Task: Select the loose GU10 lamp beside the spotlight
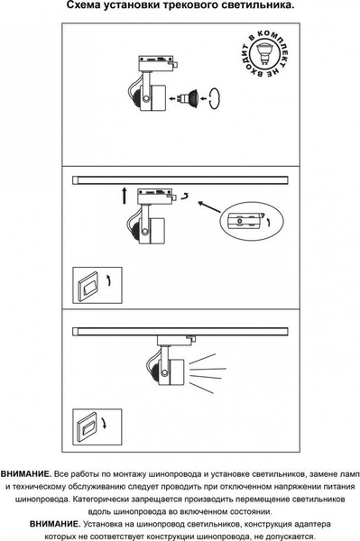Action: pos(187,97)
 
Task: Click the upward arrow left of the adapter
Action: pos(125,196)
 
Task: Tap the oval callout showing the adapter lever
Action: pos(251,221)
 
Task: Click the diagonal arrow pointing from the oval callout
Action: pos(209,206)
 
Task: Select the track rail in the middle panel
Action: pos(180,180)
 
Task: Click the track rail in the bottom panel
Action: pos(180,331)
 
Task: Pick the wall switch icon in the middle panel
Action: pos(97,285)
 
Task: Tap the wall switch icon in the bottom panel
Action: pos(97,427)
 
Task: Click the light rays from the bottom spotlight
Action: pos(206,373)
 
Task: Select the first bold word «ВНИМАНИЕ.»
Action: pos(26,474)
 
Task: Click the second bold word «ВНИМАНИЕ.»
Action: pos(55,524)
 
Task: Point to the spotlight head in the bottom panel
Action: pos(168,371)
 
